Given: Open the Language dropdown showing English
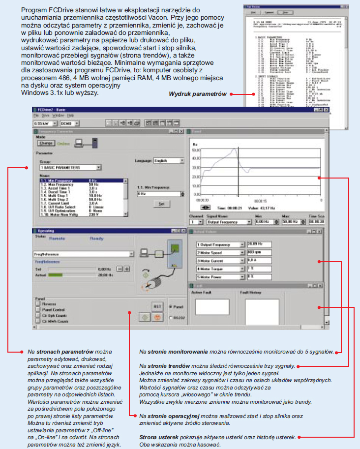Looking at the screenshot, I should (x=181, y=160).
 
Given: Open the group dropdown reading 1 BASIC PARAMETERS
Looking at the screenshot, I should (x=98, y=167).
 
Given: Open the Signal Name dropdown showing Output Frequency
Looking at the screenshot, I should (x=247, y=223).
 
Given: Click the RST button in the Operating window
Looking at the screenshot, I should (x=157, y=306).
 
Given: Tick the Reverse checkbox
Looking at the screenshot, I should (x=38, y=304).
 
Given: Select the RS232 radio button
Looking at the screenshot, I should (x=170, y=317).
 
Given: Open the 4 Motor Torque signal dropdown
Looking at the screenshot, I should (x=242, y=269).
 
